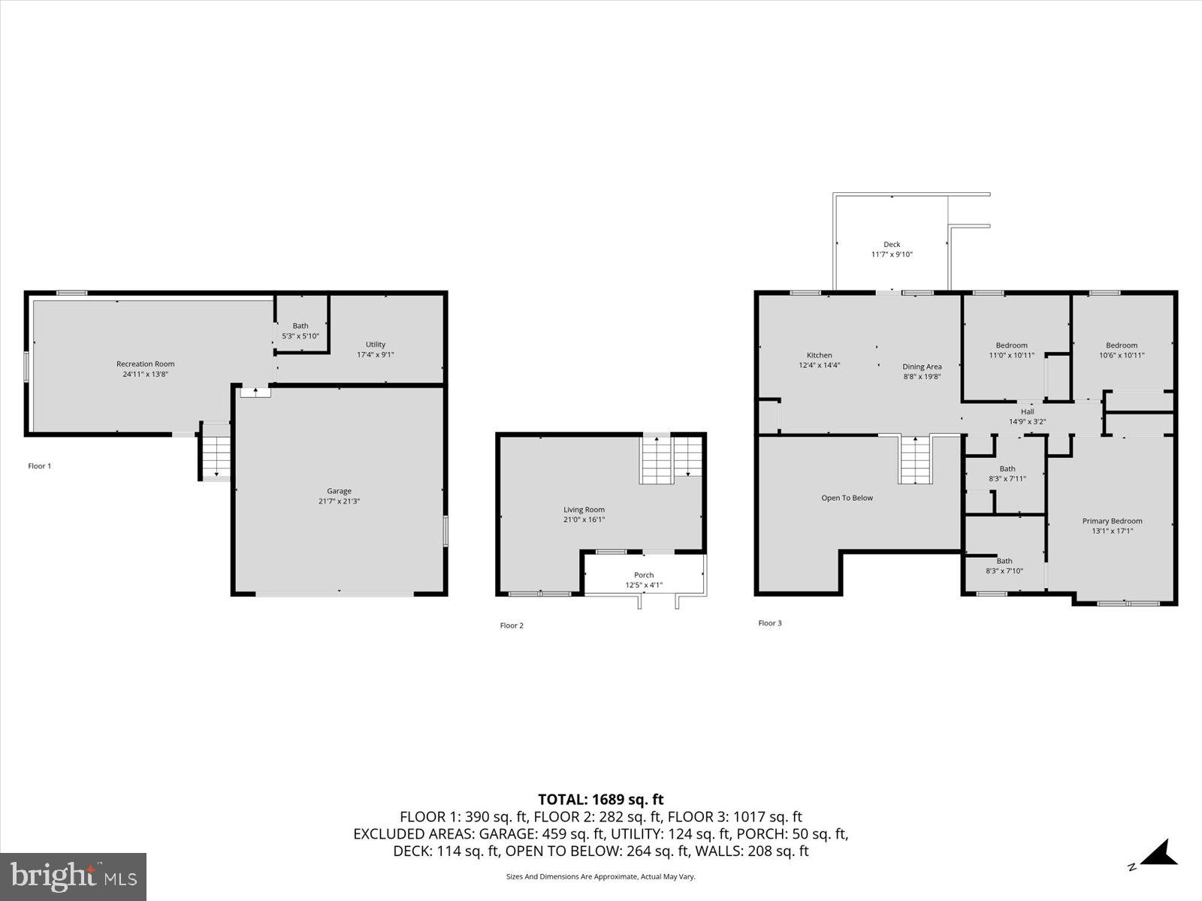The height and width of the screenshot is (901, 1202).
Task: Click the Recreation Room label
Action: click(145, 364)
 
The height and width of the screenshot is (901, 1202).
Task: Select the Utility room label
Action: click(376, 345)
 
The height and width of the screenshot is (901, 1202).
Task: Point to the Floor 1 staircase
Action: click(216, 454)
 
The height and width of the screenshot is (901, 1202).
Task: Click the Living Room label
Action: click(584, 510)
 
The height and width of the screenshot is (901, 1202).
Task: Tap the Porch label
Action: click(644, 575)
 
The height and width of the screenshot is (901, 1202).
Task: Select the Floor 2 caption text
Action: click(512, 625)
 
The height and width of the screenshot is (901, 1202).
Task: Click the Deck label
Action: click(892, 245)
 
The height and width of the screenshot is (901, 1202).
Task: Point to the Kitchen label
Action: click(819, 355)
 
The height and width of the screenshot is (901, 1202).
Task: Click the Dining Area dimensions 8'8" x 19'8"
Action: click(922, 377)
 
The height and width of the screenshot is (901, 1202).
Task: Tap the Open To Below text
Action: click(847, 498)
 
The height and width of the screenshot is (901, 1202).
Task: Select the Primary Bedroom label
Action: click(1112, 521)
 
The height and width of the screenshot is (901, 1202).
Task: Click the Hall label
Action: click(1027, 411)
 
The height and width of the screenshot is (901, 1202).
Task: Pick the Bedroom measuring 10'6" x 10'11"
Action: click(1122, 351)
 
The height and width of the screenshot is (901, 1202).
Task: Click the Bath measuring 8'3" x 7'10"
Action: click(1004, 565)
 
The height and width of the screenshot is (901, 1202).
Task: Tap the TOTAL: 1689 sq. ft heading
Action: click(600, 800)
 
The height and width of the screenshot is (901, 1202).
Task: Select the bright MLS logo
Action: click(74, 876)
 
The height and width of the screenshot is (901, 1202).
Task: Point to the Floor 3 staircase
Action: click(915, 460)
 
